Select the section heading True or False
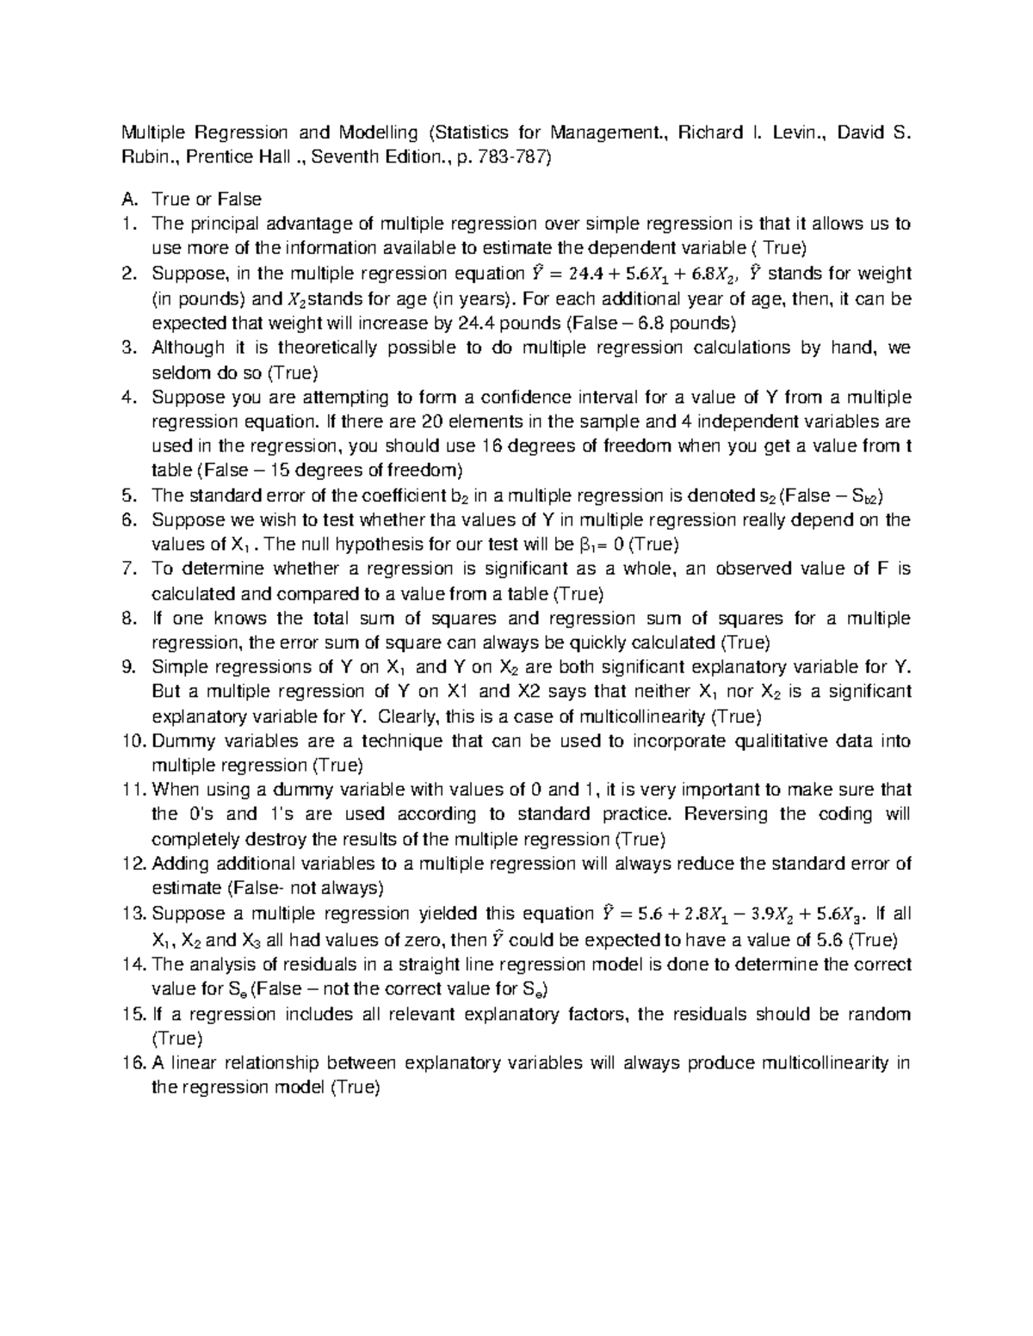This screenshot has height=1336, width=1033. [207, 200]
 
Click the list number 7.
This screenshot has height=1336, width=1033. [128, 569]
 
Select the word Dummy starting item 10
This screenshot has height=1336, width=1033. [176, 742]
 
